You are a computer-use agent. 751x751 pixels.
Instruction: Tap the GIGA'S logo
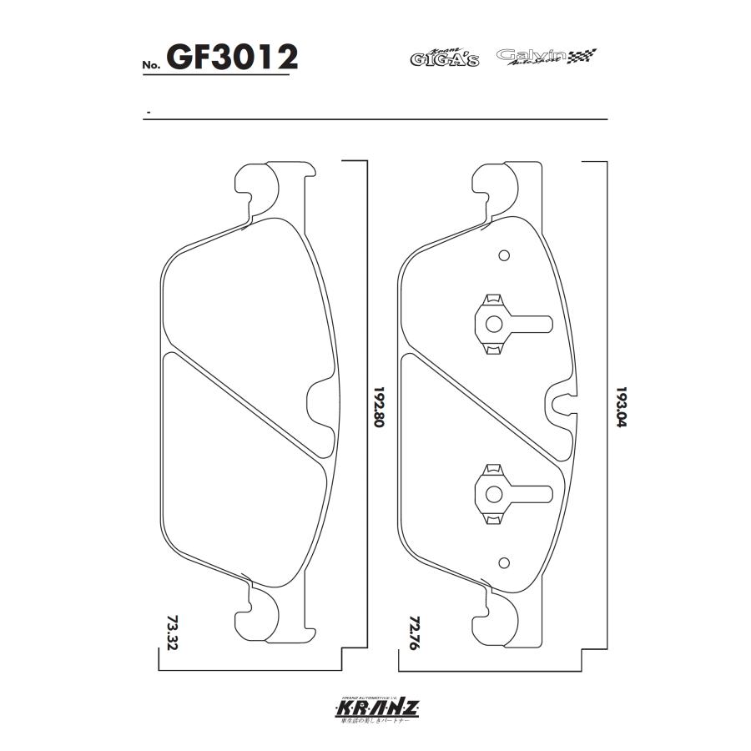[x=443, y=58]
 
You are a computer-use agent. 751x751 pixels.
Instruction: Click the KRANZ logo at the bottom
[x=376, y=709]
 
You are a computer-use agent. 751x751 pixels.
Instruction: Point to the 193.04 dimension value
[x=619, y=407]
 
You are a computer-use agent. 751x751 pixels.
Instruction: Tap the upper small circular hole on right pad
[x=503, y=256]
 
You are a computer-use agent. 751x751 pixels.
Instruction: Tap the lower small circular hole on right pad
[x=503, y=562]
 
